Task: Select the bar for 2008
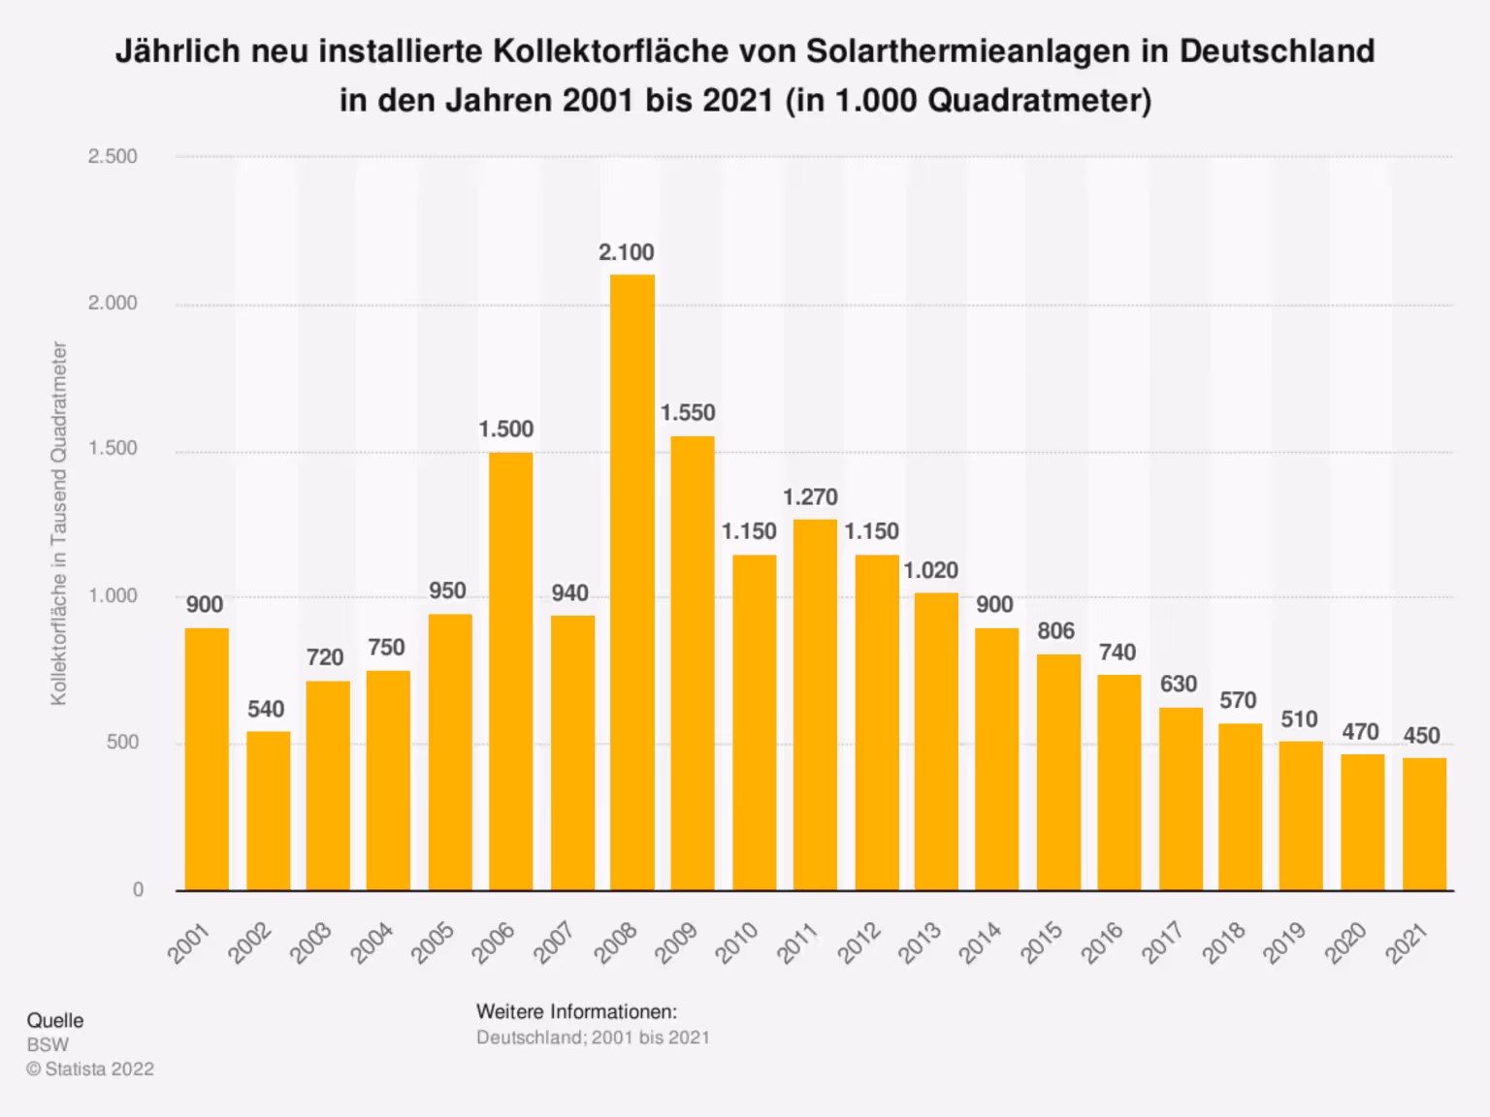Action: (x=632, y=582)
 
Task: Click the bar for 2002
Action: (x=269, y=811)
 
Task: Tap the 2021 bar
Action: (x=1424, y=824)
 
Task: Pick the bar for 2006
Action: (x=511, y=671)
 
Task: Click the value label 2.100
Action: (x=627, y=253)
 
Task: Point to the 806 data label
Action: (x=1056, y=631)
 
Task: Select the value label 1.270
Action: (x=810, y=497)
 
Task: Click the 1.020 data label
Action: (x=931, y=570)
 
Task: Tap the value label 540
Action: (x=266, y=710)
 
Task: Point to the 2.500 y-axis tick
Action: (x=113, y=156)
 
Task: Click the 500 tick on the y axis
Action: (x=122, y=743)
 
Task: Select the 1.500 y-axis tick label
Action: (x=113, y=449)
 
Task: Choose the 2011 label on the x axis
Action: (x=798, y=943)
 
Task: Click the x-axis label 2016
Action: (x=1103, y=943)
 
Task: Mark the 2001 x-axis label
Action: (x=189, y=943)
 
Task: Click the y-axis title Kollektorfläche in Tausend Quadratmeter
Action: (x=59, y=524)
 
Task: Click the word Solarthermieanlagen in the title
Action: (x=968, y=51)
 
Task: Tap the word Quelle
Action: (x=55, y=1020)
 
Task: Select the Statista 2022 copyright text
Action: (x=90, y=1069)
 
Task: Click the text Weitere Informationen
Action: (x=576, y=1011)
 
